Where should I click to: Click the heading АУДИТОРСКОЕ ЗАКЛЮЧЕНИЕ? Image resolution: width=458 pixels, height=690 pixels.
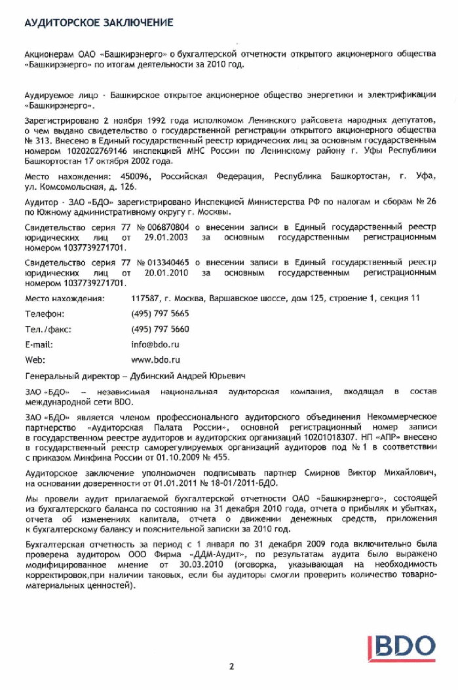point(98,23)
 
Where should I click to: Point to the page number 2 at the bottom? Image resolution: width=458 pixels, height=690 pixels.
point(231,667)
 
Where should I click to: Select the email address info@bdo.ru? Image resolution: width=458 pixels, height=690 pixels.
point(155,344)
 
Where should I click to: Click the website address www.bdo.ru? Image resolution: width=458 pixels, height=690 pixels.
point(155,359)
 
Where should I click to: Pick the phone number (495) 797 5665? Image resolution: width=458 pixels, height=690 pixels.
point(160,314)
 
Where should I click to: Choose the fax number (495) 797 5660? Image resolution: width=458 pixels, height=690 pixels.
point(160,329)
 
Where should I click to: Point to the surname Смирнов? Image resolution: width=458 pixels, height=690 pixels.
point(322,473)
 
